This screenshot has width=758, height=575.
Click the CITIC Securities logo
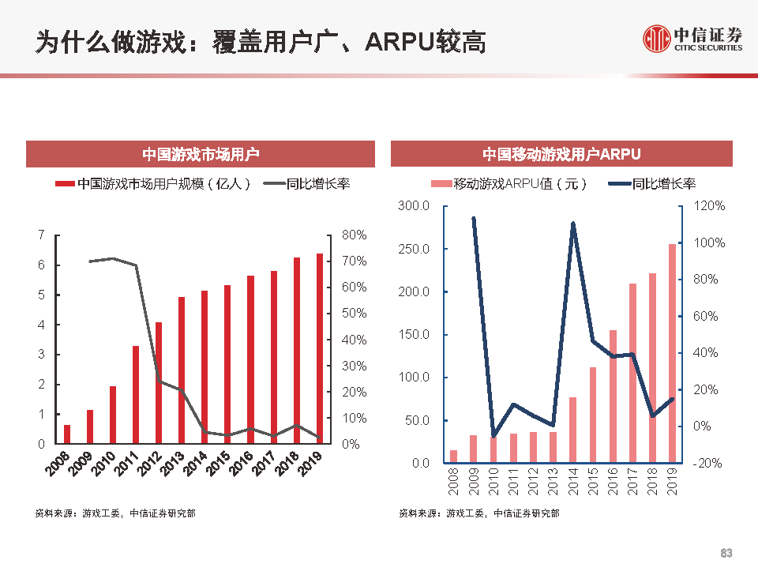692,38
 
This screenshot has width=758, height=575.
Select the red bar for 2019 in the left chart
319,348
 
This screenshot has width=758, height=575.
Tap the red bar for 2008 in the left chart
67,434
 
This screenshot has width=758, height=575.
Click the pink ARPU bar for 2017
632,373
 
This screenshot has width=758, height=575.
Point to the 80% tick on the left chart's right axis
354,235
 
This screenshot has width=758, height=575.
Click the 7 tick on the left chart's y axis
41,235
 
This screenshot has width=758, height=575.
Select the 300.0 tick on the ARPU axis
415,206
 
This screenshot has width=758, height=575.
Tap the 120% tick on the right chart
709,206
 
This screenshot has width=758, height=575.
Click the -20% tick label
707,464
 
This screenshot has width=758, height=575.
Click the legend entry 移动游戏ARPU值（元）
520,184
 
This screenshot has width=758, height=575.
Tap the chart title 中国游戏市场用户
201,154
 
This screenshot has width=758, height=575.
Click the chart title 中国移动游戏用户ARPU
561,154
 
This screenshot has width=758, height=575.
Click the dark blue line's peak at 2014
573,224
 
